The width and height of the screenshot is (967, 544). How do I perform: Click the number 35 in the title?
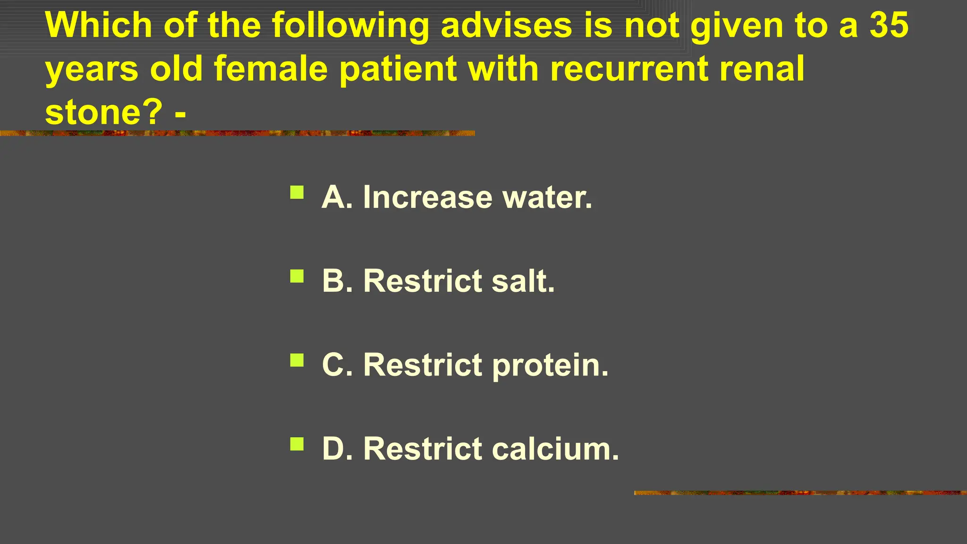889,25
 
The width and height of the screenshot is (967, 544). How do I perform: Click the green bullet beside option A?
297,192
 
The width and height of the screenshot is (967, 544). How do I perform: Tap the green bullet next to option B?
297,276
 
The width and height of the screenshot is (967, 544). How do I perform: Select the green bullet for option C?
297,360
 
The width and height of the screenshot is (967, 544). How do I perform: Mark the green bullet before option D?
297,444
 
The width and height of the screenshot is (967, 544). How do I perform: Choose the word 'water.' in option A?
547,197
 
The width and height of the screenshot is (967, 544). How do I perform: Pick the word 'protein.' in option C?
551,365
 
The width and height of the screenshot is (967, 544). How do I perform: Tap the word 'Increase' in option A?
428,197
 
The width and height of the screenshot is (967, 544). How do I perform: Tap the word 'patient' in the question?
398,68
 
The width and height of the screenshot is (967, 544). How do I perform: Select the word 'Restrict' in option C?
423,365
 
